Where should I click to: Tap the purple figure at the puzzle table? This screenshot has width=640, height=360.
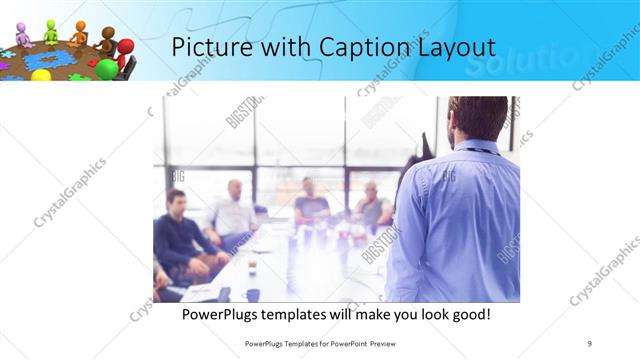(x=22, y=34)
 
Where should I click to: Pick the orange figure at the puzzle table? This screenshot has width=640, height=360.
(x=79, y=33)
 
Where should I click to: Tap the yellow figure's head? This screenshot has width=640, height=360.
(x=41, y=75)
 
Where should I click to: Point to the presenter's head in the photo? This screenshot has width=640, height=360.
(x=478, y=118)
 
